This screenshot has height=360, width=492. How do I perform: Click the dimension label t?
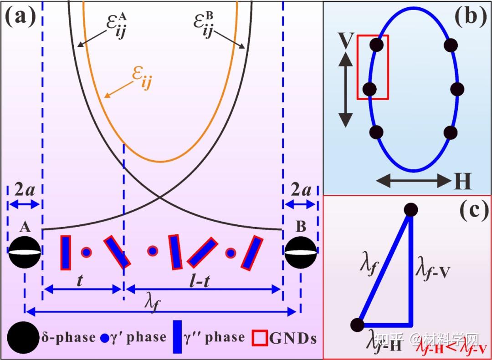tap(80, 280)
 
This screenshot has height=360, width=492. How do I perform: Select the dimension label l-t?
tap(200, 280)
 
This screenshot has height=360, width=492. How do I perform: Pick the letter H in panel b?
tap(461, 182)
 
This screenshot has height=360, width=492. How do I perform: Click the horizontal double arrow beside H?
tap(414, 182)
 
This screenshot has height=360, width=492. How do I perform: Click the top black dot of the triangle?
tap(410, 210)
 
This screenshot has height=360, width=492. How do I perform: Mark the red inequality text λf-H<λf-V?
tap(454, 349)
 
